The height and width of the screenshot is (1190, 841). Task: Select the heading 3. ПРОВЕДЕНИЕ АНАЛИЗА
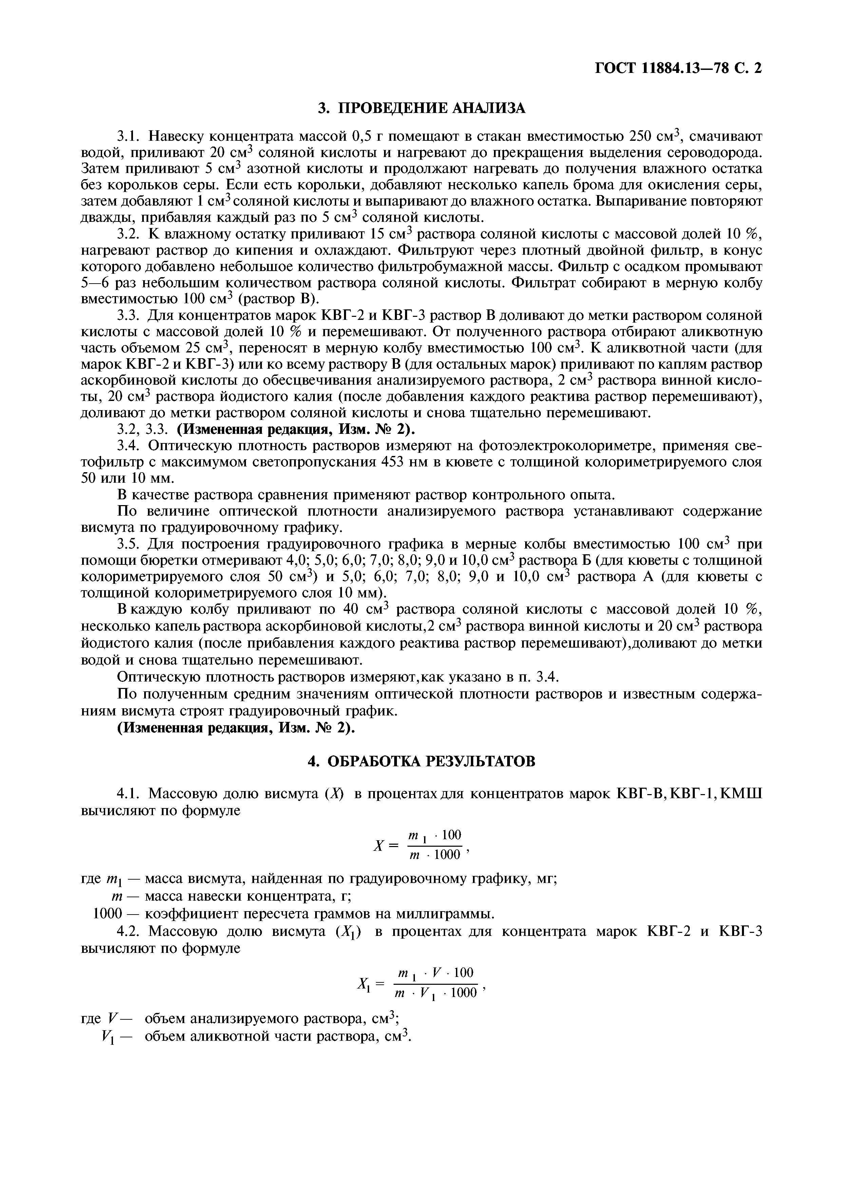[x=421, y=108]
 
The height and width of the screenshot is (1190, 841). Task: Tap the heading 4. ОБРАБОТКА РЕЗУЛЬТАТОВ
[x=421, y=761]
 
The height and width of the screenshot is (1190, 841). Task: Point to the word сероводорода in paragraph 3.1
[x=715, y=153]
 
